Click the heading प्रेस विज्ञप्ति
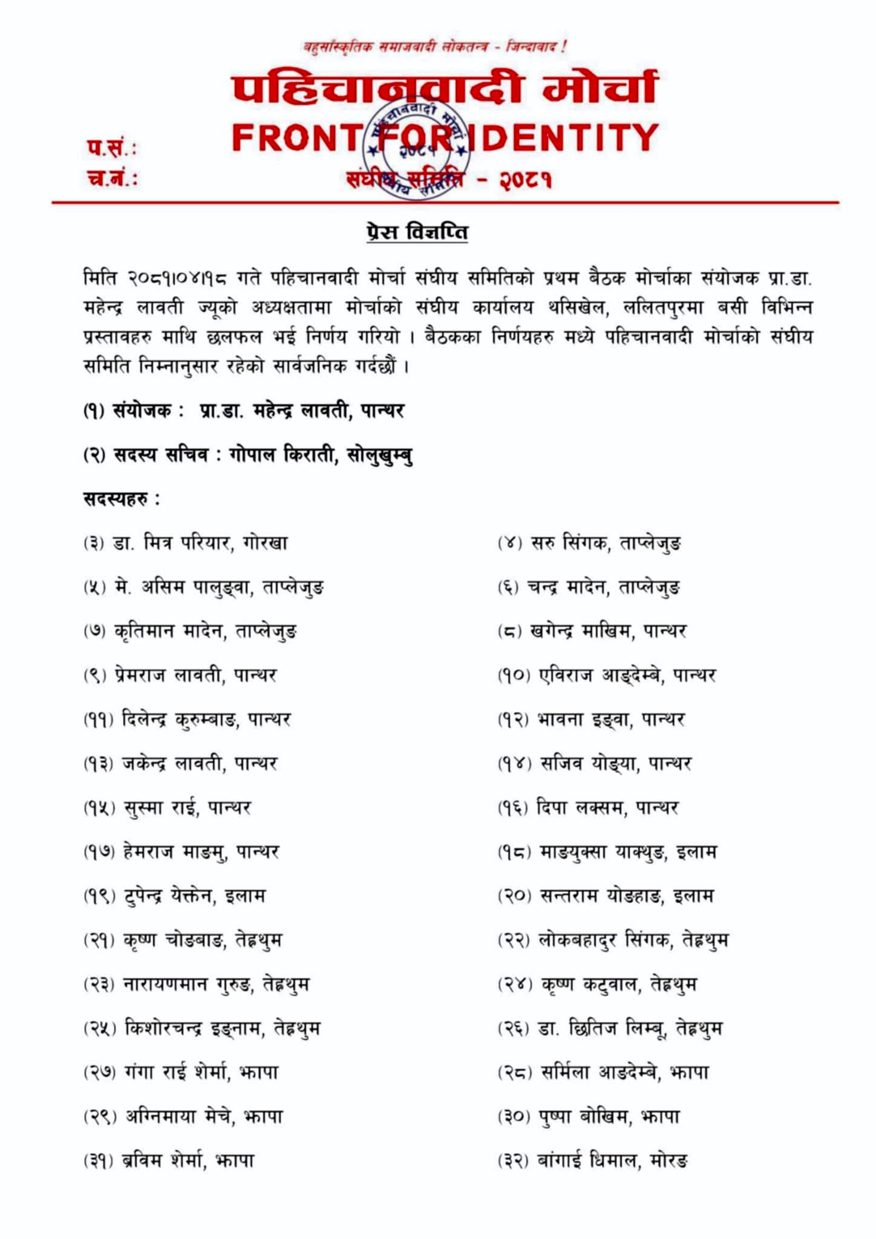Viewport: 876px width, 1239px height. (x=417, y=232)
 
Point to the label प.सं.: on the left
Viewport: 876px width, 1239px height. (x=111, y=147)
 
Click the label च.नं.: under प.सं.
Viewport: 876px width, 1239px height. (x=112, y=178)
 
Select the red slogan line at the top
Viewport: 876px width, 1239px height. (x=434, y=47)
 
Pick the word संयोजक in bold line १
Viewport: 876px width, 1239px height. (x=143, y=411)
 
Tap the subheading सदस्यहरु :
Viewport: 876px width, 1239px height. (x=121, y=499)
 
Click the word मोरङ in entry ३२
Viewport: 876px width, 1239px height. (x=668, y=1161)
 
